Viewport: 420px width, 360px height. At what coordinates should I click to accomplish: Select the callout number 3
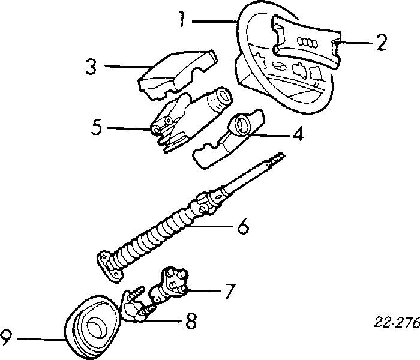(x=91, y=67)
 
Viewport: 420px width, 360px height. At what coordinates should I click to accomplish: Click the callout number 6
(x=242, y=227)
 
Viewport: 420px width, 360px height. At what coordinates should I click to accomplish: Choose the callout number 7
(x=229, y=292)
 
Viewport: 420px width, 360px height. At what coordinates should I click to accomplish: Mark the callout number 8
(x=190, y=322)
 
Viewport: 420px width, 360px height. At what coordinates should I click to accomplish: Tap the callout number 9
(x=6, y=340)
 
